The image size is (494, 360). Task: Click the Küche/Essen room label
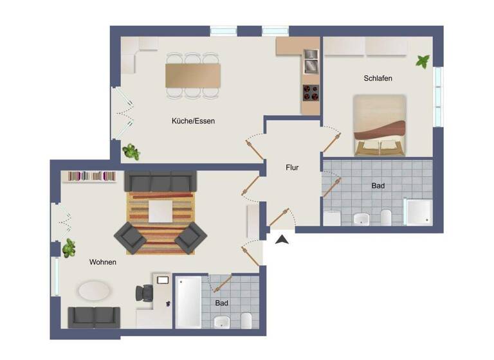(x=193, y=121)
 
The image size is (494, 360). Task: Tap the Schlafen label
(x=378, y=78)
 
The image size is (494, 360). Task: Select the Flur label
(x=292, y=167)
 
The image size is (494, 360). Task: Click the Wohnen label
(x=103, y=262)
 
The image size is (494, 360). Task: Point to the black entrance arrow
(x=282, y=240)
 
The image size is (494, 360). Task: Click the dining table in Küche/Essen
(x=193, y=75)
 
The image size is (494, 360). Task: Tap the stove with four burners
(x=311, y=93)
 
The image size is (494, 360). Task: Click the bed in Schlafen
(x=380, y=125)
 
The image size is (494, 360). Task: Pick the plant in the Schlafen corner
(x=423, y=62)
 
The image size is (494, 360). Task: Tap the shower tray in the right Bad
(x=418, y=212)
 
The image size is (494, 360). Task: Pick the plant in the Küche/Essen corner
(x=131, y=152)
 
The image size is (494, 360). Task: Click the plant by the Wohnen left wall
(x=68, y=248)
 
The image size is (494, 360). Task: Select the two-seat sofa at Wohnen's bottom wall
(x=94, y=316)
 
